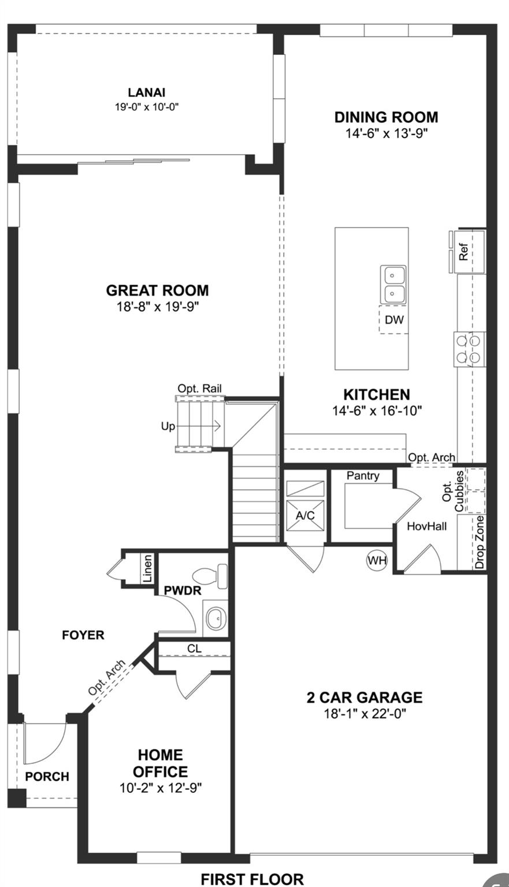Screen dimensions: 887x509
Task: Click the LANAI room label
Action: click(147, 92)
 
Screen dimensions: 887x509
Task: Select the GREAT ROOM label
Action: click(157, 290)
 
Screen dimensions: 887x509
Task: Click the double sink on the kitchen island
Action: click(393, 284)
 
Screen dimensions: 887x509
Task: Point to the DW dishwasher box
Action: click(394, 320)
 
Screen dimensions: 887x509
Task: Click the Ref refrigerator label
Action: click(463, 252)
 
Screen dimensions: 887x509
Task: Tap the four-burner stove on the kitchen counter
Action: click(469, 349)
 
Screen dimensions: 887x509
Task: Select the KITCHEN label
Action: click(377, 395)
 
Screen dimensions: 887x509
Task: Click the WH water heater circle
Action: click(377, 560)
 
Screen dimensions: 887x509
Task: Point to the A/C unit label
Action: click(305, 515)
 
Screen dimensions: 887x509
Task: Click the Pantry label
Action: click(363, 476)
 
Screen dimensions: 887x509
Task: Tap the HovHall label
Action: click(426, 526)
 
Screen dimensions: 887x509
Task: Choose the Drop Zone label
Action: click(480, 542)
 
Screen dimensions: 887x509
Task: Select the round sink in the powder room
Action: click(216, 618)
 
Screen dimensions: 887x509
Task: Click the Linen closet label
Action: click(148, 569)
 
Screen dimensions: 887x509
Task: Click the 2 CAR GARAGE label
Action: click(364, 698)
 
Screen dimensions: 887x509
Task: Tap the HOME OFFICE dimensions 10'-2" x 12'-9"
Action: click(161, 788)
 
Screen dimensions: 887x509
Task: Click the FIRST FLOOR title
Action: click(252, 879)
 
